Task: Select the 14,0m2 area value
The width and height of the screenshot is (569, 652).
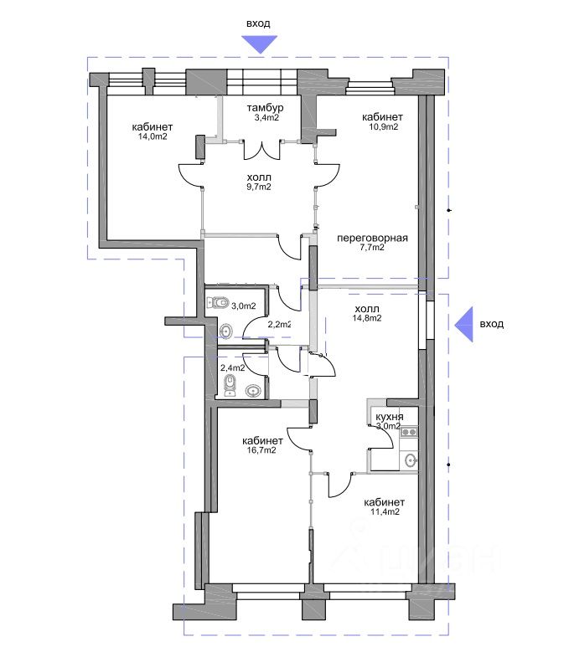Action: pos(153,136)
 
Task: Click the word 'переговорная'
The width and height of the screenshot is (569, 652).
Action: pos(372,238)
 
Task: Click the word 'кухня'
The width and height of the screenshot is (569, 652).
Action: pos(390,415)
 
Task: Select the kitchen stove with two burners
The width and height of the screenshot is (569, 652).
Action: pos(410,432)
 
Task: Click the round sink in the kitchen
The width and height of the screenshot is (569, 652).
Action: pos(410,461)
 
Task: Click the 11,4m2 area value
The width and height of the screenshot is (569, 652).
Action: pos(380,511)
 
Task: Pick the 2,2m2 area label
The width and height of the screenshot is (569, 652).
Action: pos(279,324)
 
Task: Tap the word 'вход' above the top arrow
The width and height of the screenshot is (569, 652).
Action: pos(257,23)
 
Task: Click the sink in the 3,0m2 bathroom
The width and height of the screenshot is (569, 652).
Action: pos(225,331)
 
